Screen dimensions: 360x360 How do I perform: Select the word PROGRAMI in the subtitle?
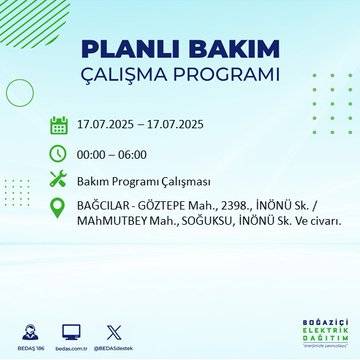(x=225, y=77)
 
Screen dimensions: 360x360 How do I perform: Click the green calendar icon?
(x=58, y=126)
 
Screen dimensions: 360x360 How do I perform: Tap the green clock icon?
(x=58, y=154)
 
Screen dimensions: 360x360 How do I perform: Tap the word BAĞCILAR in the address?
(x=105, y=207)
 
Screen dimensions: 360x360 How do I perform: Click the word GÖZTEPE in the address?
(x=168, y=207)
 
